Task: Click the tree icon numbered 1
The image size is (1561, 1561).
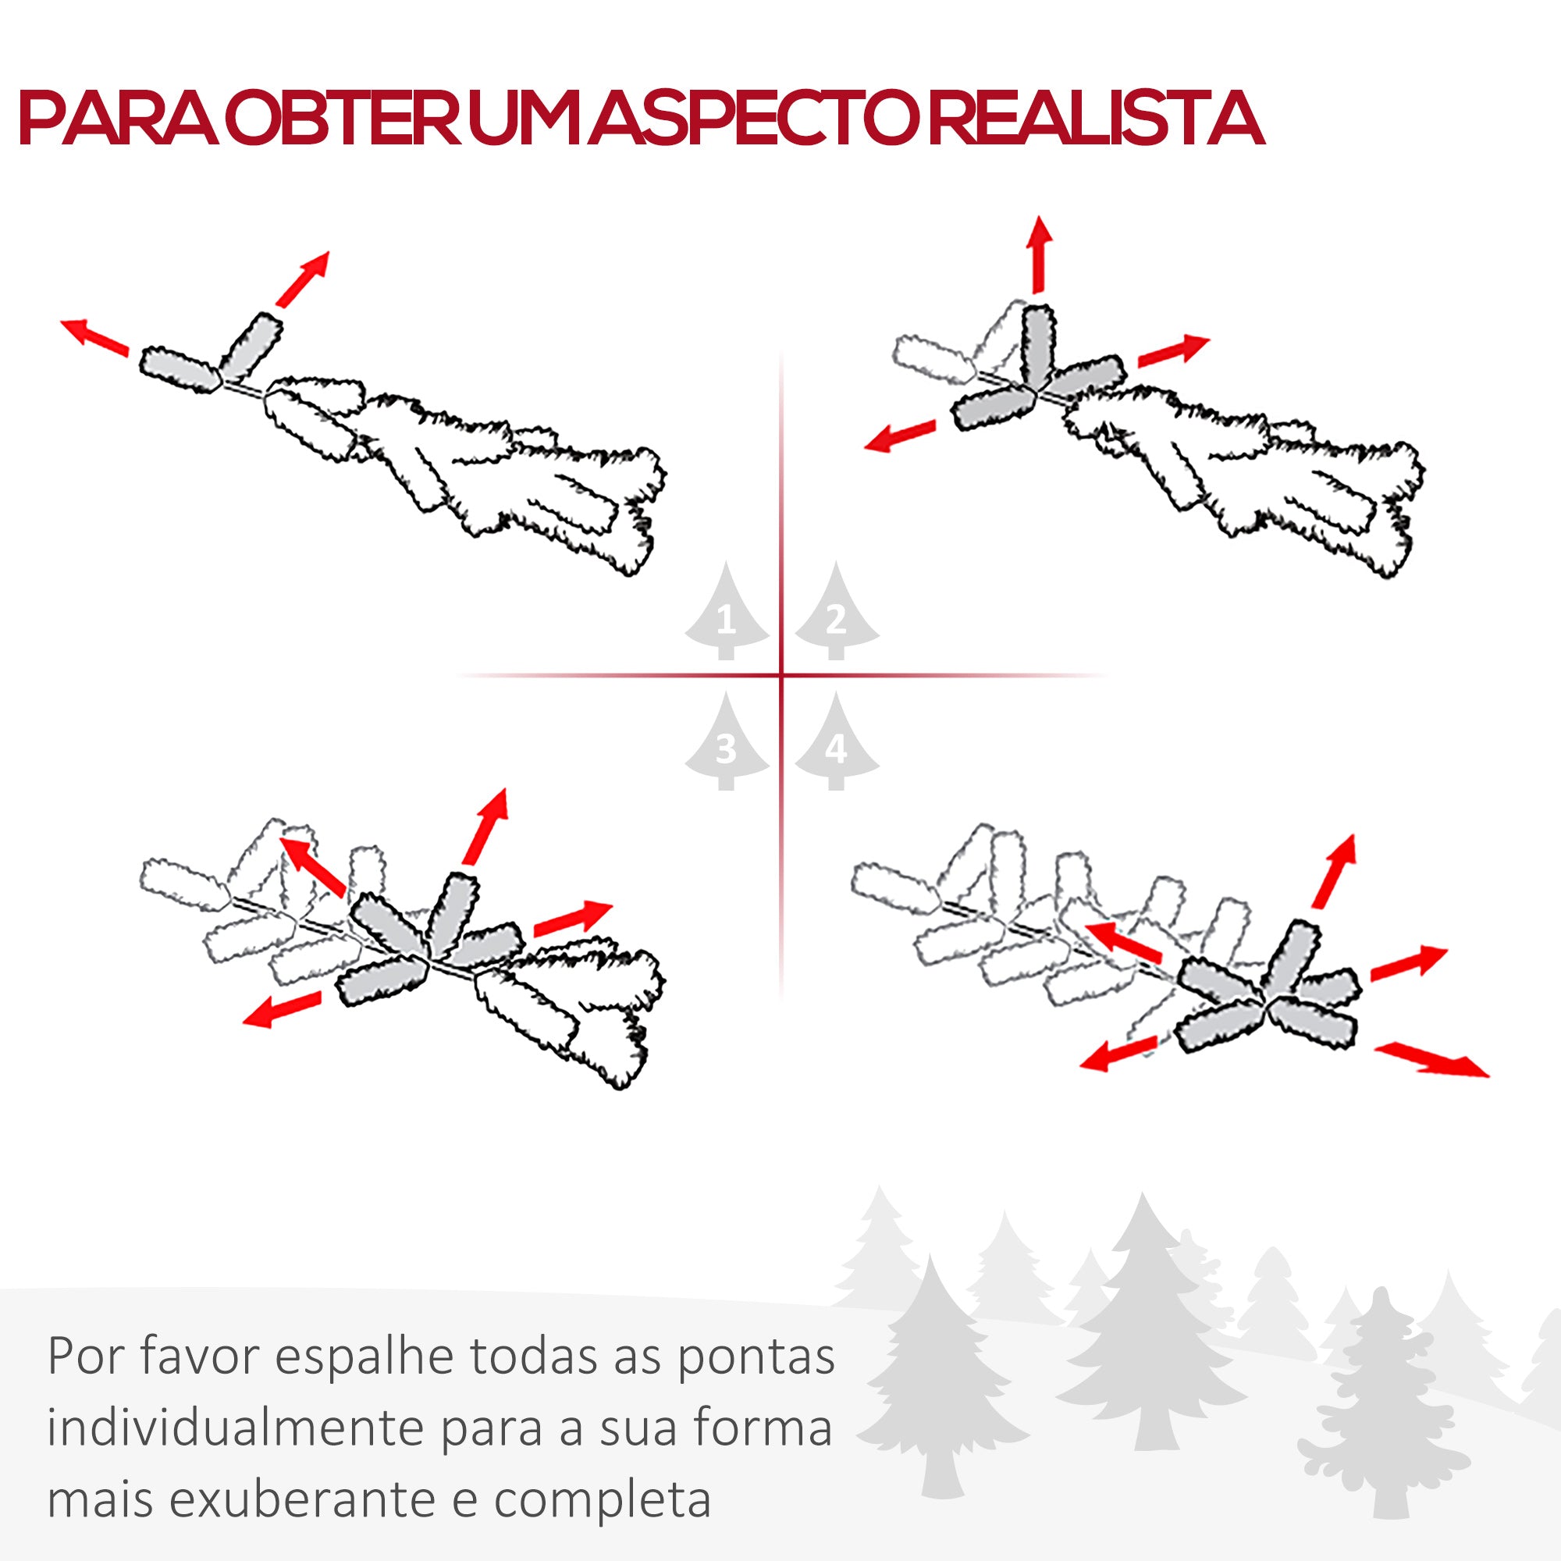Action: (727, 619)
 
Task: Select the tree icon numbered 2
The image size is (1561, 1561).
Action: (836, 619)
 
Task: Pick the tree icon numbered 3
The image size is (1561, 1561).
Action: (727, 748)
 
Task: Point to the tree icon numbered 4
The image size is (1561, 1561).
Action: (836, 748)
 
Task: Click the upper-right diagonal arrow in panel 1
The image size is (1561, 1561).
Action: (304, 278)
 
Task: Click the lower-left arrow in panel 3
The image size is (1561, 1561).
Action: (282, 1011)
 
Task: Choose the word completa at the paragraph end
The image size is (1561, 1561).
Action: (603, 1500)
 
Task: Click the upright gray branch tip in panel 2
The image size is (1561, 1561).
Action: (1038, 347)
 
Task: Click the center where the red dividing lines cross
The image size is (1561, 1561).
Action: (781, 674)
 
